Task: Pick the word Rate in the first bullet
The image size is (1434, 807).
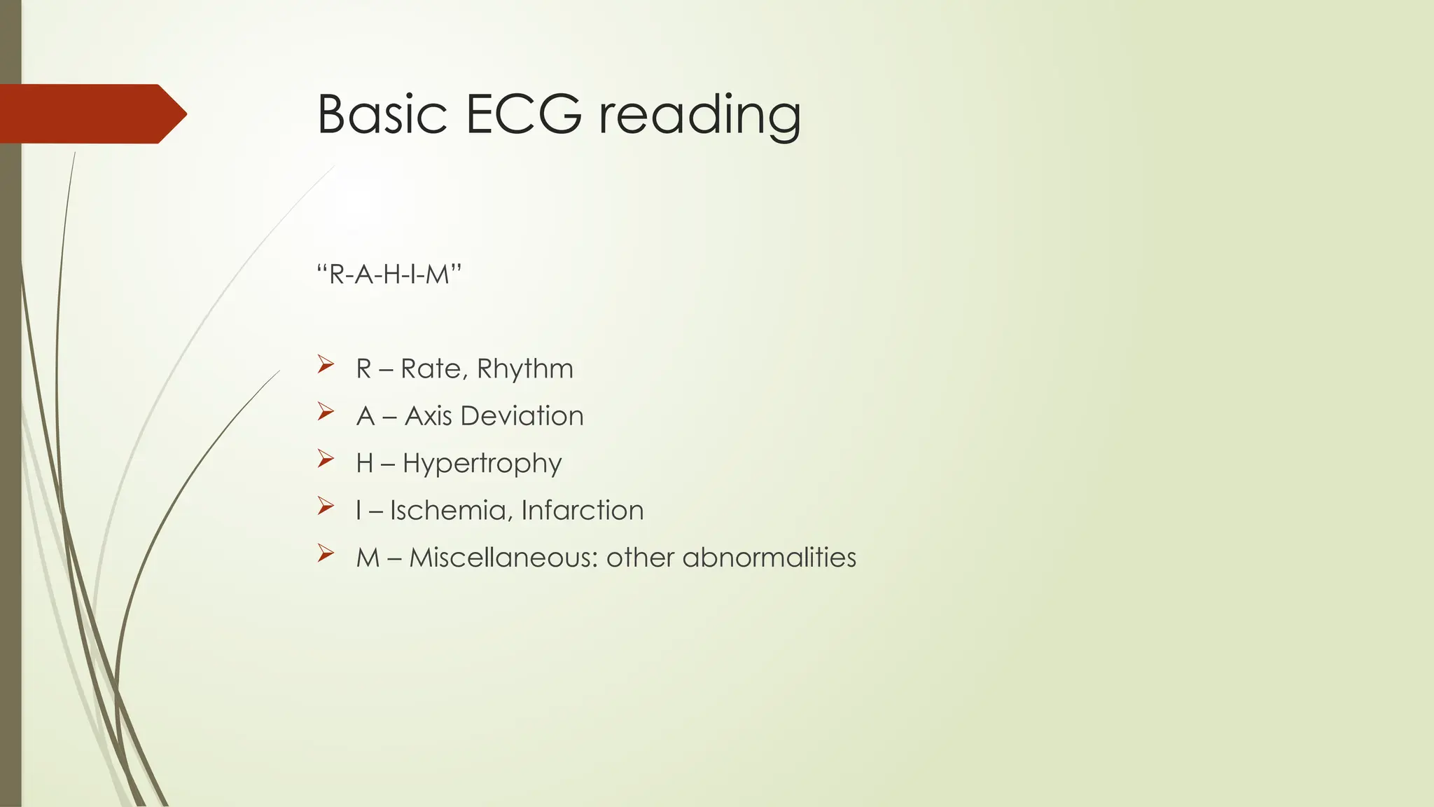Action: coord(431,369)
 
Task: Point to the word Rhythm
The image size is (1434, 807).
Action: coord(524,369)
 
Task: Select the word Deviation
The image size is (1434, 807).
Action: coord(522,416)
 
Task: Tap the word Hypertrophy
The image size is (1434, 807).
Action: coord(482,464)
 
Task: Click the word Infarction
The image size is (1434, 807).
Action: coord(582,510)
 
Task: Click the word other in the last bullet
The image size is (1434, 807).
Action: coord(640,558)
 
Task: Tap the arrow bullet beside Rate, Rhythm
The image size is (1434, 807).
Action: coord(325,364)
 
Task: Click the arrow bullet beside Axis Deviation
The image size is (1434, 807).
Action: coord(325,411)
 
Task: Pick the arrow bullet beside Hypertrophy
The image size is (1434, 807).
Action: coord(325,459)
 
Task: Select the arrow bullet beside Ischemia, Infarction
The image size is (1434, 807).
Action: coord(325,506)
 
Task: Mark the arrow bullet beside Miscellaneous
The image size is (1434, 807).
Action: coord(325,553)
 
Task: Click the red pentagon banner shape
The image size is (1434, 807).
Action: coord(88,113)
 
